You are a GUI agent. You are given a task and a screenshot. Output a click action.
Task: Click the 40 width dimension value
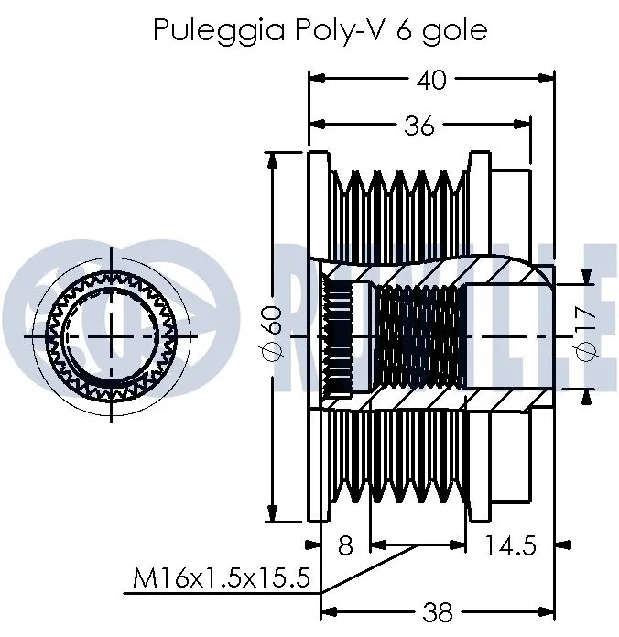431,80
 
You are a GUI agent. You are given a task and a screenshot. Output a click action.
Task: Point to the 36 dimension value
419,126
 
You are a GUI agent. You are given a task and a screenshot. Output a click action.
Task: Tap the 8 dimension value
344,545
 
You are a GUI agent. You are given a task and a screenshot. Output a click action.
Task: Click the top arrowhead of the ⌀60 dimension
271,158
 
